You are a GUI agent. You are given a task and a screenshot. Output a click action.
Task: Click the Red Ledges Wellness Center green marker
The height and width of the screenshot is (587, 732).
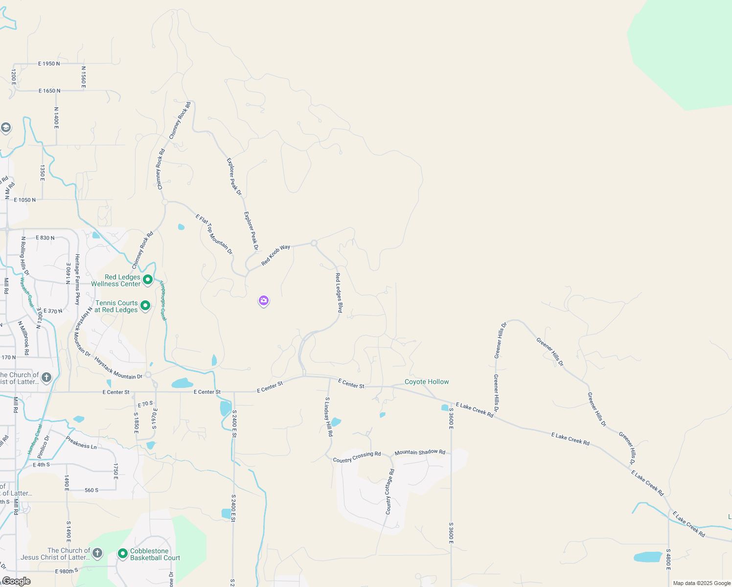[148, 280]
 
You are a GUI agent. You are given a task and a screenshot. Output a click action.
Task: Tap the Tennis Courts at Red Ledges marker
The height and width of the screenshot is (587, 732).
[145, 306]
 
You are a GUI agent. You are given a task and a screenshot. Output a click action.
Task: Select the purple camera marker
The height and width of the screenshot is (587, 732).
[264, 300]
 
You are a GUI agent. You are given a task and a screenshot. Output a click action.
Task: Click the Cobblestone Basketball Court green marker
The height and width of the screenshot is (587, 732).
[123, 554]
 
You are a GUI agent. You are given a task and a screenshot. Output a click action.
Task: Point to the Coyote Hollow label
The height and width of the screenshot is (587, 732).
[427, 382]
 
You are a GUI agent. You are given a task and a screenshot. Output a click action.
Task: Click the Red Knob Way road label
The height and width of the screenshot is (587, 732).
[275, 255]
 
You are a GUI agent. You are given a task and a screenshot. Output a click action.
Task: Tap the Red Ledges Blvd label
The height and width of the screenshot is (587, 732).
[339, 293]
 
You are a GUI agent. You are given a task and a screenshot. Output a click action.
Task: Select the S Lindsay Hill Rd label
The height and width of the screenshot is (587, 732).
[329, 417]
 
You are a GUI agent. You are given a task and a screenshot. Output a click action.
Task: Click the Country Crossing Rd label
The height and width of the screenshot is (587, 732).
[357, 457]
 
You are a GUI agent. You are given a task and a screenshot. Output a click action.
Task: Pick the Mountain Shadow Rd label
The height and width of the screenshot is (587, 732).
[420, 452]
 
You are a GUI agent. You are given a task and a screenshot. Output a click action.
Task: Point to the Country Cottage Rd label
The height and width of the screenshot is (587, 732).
[389, 492]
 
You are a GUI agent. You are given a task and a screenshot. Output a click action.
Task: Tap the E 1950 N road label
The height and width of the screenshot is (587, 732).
[49, 64]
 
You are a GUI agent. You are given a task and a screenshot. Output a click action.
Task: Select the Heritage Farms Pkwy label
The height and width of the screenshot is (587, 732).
[77, 279]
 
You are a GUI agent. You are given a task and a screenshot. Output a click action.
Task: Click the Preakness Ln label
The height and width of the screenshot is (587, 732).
[81, 443]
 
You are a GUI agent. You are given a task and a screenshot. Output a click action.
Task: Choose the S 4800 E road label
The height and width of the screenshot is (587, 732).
[668, 559]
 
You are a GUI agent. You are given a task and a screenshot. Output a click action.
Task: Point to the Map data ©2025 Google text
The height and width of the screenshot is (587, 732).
[701, 583]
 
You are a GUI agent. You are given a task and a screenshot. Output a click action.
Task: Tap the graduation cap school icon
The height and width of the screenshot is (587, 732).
[6, 128]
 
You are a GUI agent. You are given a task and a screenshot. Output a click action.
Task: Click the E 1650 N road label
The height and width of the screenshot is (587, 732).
[49, 91]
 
